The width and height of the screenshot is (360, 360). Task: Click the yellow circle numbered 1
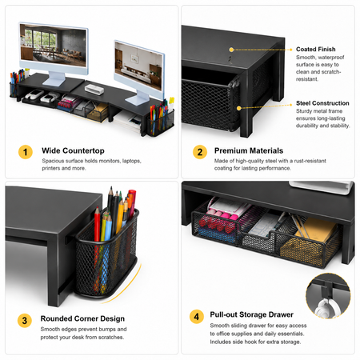[26, 152]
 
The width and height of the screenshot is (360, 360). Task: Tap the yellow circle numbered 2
[200, 152]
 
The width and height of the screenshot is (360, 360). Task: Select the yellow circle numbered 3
[25, 320]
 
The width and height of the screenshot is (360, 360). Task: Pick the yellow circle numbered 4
[197, 317]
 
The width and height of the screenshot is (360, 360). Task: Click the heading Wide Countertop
[73, 150]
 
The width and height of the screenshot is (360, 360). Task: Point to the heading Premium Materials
[249, 150]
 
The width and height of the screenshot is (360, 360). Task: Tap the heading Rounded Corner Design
[82, 318]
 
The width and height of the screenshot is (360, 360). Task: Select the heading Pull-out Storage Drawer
[251, 314]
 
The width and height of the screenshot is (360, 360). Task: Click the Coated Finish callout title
[316, 49]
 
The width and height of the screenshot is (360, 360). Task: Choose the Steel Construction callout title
[322, 103]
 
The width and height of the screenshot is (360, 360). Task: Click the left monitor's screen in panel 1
[53, 46]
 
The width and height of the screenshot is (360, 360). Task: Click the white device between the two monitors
[94, 89]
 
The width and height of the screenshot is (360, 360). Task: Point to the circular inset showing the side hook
[328, 296]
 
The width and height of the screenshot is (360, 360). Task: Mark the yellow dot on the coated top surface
[231, 50]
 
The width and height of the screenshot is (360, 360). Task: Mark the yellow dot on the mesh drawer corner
[239, 108]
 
